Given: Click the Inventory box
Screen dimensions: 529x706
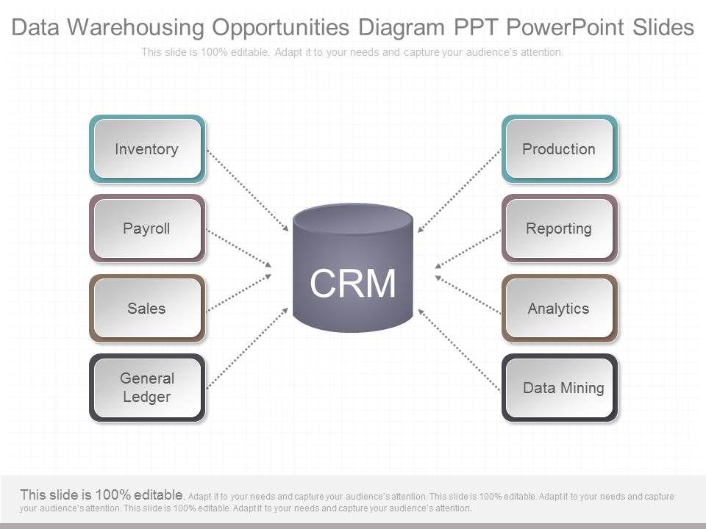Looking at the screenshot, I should pyautogui.click(x=147, y=149).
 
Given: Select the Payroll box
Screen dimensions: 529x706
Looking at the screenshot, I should pyautogui.click(x=147, y=228).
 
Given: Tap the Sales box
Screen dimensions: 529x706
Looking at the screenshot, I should pyautogui.click(x=147, y=309).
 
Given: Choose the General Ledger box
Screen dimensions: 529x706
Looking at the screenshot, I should pyautogui.click(x=147, y=388).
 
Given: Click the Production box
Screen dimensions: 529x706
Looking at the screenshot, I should pyautogui.click(x=559, y=149).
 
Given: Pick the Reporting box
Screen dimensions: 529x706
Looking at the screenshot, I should pyautogui.click(x=559, y=228).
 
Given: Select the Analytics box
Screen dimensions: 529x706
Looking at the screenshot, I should pyautogui.click(x=559, y=309).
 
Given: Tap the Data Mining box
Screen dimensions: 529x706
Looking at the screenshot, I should pyautogui.click(x=559, y=388).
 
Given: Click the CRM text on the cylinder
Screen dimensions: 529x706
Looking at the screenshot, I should pyautogui.click(x=353, y=284).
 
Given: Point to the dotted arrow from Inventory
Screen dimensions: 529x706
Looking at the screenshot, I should pyautogui.click(x=247, y=190).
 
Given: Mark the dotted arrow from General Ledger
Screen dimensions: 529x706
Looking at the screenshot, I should pyautogui.click(x=247, y=348).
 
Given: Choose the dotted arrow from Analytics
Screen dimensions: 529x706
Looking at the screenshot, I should pyautogui.click(x=468, y=294).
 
